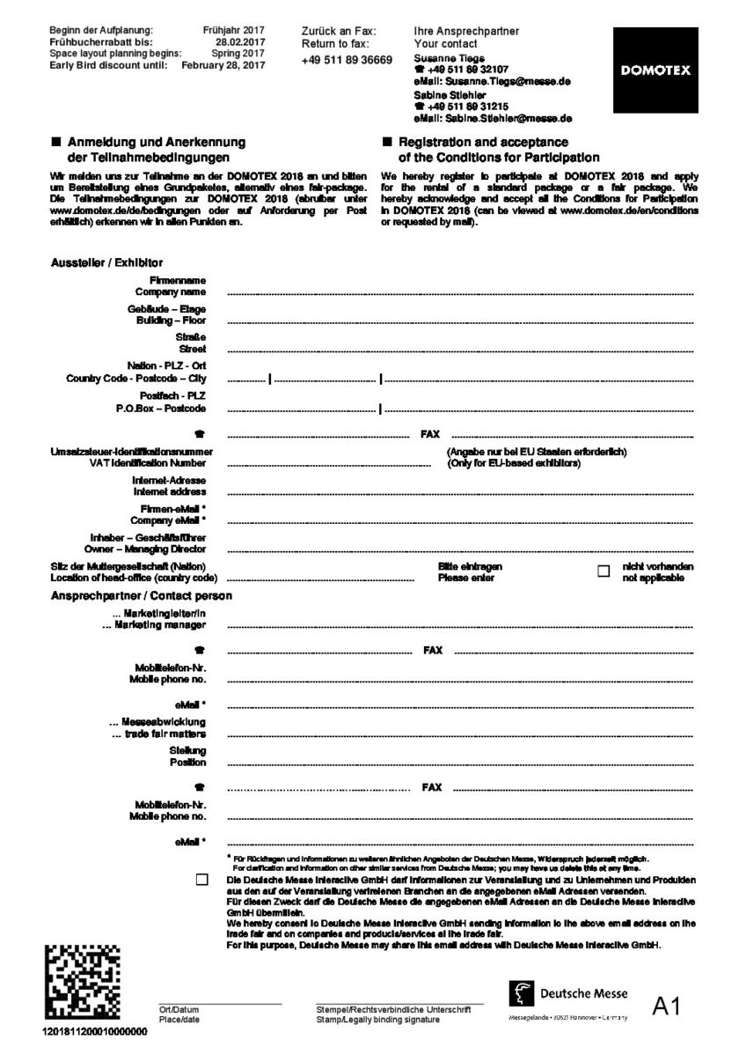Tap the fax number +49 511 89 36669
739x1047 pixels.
pyautogui.click(x=347, y=59)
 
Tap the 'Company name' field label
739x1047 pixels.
pyautogui.click(x=171, y=291)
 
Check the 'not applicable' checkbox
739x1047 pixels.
pyautogui.click(x=604, y=571)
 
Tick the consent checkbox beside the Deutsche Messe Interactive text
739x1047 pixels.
pyautogui.click(x=203, y=880)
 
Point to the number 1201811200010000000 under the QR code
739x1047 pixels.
pyautogui.click(x=94, y=1030)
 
